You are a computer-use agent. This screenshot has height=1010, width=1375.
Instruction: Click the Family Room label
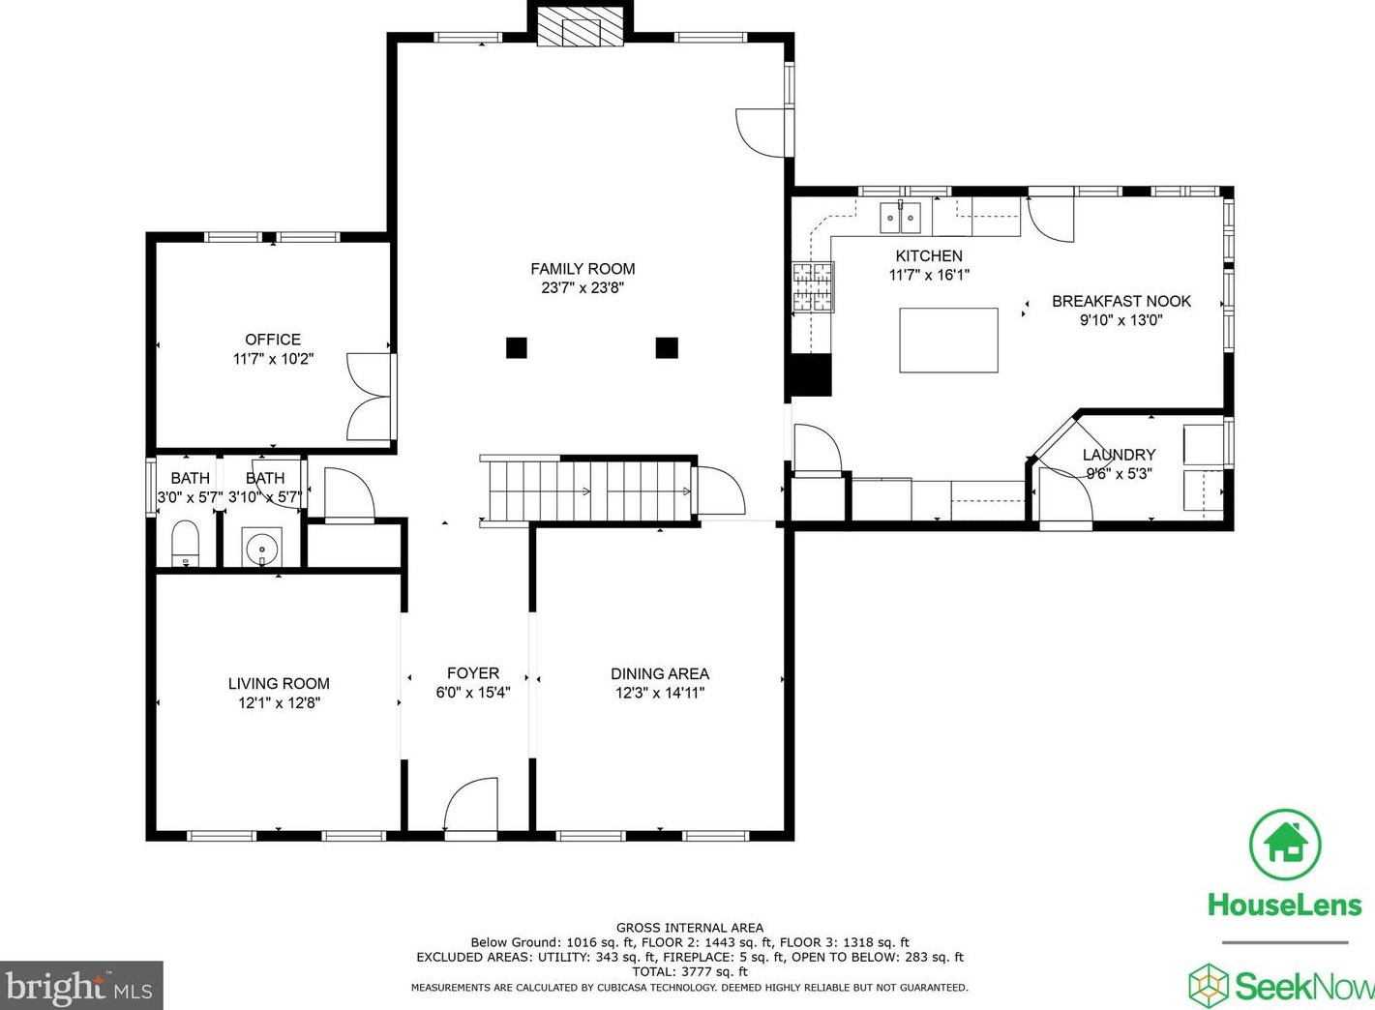(x=583, y=269)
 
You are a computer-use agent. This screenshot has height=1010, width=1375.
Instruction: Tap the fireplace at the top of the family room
(x=580, y=28)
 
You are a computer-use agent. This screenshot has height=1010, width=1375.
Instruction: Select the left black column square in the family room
(x=517, y=347)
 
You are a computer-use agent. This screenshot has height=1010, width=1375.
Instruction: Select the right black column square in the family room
(x=667, y=347)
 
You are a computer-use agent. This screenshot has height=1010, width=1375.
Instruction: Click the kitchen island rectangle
(x=948, y=340)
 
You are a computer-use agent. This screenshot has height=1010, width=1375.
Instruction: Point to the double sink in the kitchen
(x=900, y=219)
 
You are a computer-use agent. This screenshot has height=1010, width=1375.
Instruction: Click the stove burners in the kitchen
(x=813, y=287)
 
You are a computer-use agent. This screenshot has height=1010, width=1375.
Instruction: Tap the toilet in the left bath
(x=184, y=544)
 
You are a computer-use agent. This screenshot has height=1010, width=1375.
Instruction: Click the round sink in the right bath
(x=261, y=549)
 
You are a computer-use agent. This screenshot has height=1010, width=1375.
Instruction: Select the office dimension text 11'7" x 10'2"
(x=273, y=359)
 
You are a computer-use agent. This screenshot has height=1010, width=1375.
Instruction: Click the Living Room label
(x=279, y=683)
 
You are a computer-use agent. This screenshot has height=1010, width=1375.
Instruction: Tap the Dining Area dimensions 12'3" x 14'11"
(x=660, y=693)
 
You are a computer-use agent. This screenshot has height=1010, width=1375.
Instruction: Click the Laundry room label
(x=1119, y=455)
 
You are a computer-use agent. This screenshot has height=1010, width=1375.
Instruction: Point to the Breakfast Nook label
(x=1121, y=301)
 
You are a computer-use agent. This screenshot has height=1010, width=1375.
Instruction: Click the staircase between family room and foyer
(x=588, y=491)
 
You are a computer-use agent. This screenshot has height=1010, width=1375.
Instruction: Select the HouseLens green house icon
(x=1285, y=845)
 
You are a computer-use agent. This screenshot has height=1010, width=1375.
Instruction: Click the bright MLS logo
(x=81, y=987)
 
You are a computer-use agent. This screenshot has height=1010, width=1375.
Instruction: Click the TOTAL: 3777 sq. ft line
(x=689, y=971)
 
